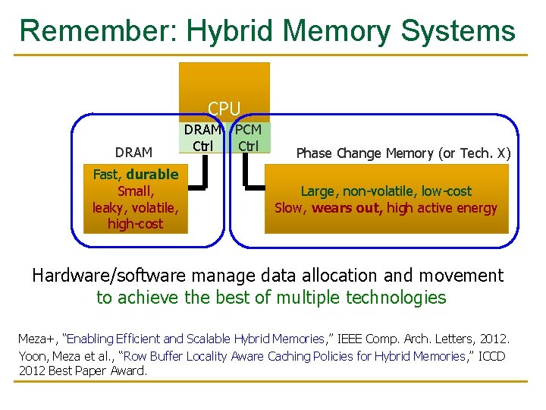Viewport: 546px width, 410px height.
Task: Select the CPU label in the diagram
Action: (224, 109)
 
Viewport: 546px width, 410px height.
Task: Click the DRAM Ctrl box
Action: (202, 137)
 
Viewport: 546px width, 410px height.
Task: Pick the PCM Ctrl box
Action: (248, 137)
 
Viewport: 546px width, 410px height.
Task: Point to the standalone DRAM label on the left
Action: (133, 153)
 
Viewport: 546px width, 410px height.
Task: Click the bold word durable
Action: (152, 174)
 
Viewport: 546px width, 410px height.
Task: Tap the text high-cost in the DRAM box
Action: (135, 224)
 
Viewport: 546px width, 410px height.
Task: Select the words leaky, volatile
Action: (135, 207)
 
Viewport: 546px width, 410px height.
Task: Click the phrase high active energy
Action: (441, 208)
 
